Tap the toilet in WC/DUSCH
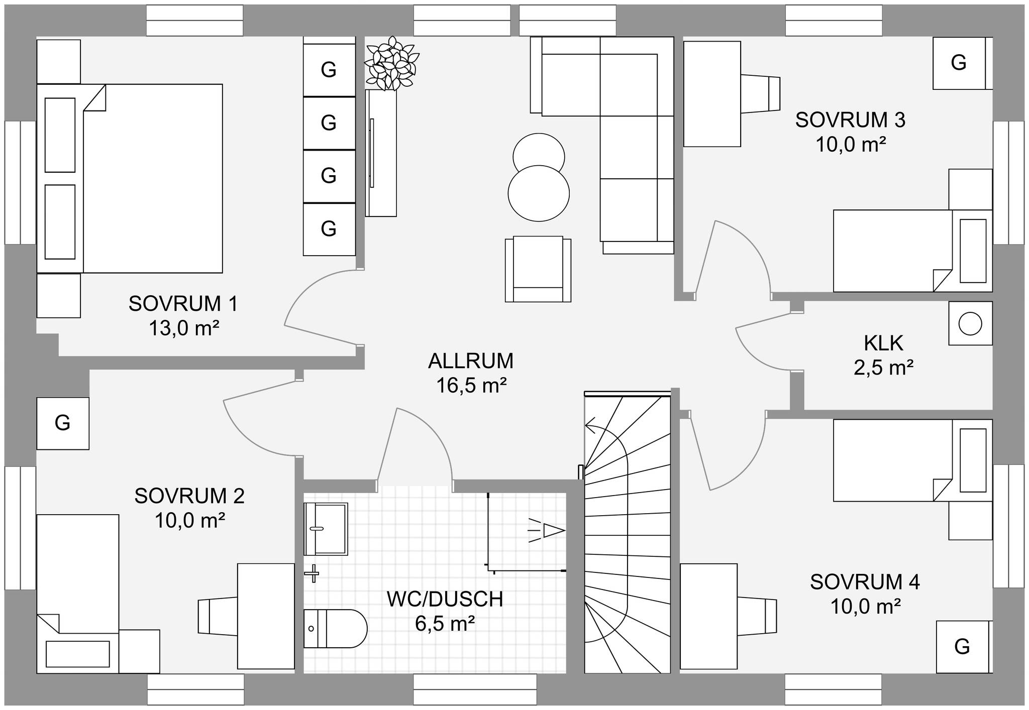(336, 629)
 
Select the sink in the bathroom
(326, 529)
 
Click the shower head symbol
(547, 531)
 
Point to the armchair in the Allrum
(538, 269)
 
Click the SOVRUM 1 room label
(183, 304)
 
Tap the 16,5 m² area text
(471, 386)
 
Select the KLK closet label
(884, 343)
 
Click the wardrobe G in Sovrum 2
(63, 423)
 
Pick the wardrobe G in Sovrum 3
(959, 63)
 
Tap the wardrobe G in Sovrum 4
(962, 647)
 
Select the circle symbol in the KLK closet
(970, 324)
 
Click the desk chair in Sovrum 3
(760, 94)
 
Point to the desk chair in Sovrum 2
(218, 616)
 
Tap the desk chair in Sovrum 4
(757, 616)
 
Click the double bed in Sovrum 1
(130, 179)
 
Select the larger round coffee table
(539, 193)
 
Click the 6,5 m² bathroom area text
(445, 624)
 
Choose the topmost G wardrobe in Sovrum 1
(329, 70)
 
